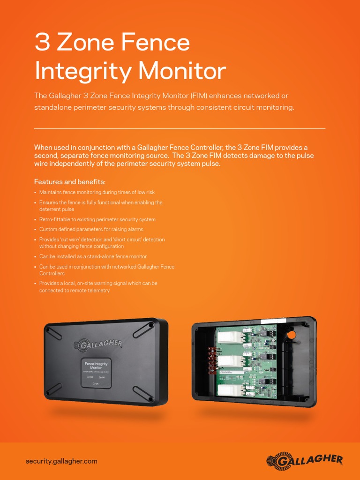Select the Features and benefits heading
[70, 182]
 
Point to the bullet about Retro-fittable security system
[97, 219]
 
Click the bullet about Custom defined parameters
[91, 229]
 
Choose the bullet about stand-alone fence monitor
[93, 256]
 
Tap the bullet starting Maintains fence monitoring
[97, 192]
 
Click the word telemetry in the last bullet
[98, 291]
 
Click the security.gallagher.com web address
[61, 461]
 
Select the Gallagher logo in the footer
[304, 460]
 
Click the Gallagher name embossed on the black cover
[98, 345]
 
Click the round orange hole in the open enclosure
[291, 335]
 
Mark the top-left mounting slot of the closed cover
[53, 332]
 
